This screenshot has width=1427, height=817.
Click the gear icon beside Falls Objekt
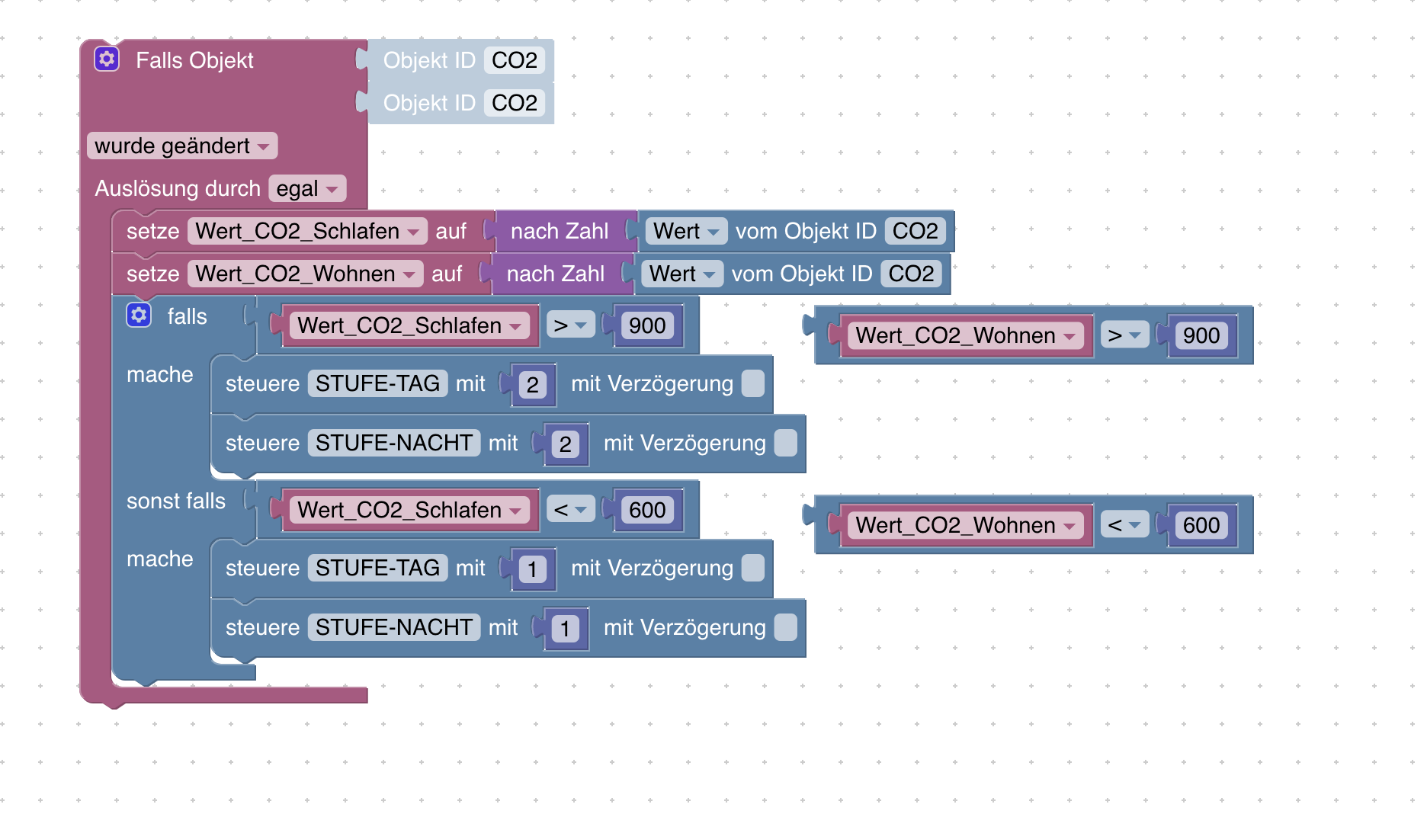tap(107, 59)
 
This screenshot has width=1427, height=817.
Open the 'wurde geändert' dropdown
tap(181, 146)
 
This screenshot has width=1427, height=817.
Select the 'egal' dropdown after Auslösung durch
tap(306, 188)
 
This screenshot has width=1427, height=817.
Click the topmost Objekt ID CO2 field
tap(514, 60)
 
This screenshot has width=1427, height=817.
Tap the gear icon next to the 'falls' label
tap(139, 315)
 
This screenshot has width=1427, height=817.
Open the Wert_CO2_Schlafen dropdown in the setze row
tap(306, 231)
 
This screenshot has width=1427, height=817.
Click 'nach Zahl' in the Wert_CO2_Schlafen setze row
tap(560, 231)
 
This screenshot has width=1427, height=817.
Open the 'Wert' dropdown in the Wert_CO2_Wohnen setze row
tap(681, 274)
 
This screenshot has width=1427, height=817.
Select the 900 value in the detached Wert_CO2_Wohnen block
tap(1201, 335)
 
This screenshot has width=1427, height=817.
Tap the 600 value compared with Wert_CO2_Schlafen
tap(647, 510)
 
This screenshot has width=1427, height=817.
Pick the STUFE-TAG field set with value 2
tap(377, 383)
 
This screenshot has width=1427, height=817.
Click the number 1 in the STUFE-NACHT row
tap(565, 629)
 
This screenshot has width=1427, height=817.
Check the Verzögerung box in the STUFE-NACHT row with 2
tap(785, 443)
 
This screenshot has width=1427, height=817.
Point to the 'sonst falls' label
tap(176, 501)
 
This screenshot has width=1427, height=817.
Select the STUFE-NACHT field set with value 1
tap(393, 627)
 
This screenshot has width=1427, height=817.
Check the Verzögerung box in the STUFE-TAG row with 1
tap(752, 568)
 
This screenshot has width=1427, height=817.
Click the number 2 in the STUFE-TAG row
tap(532, 385)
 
